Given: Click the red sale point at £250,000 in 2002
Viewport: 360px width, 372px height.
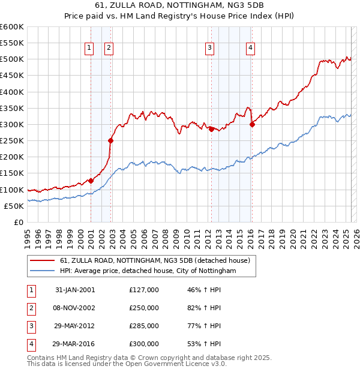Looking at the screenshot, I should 110,140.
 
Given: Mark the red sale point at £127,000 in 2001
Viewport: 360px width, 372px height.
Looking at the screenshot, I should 91,180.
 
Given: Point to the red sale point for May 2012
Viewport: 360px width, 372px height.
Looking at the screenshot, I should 211,129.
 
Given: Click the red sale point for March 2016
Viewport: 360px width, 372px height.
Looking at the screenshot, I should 252,124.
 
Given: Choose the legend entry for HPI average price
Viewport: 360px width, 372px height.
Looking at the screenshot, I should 148,271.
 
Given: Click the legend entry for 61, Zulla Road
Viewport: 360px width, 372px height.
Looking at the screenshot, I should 158,260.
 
